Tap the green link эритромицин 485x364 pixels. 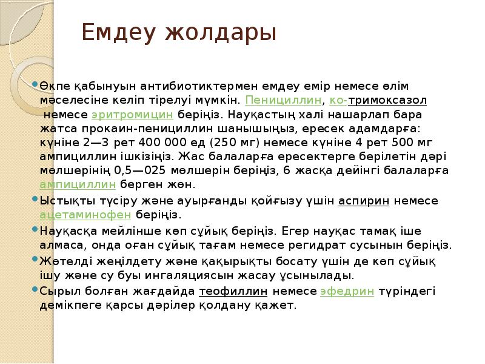pos(133,114)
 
